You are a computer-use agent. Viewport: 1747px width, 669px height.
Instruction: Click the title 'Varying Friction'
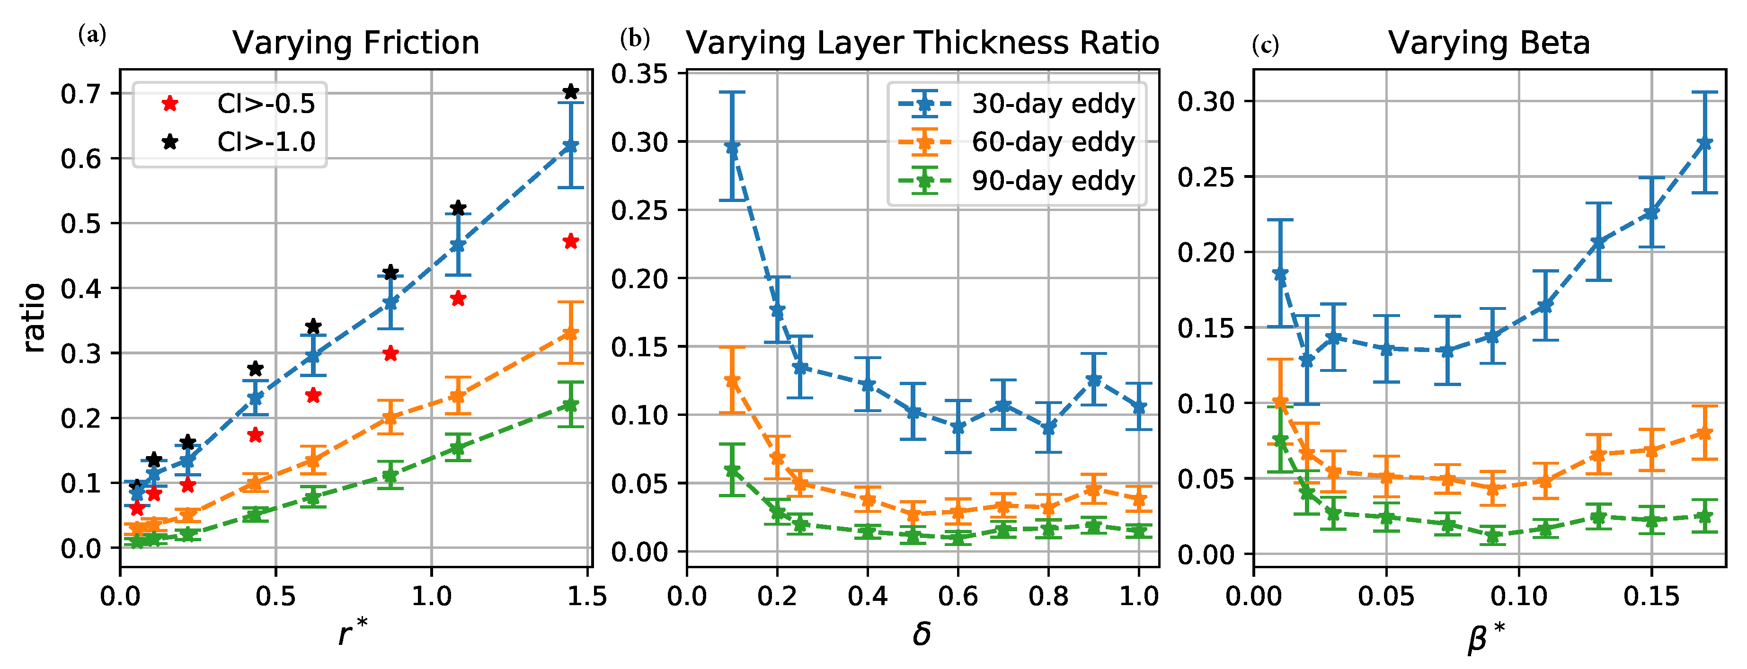tap(355, 43)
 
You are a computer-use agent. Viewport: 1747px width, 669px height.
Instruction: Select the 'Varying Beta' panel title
tap(1489, 43)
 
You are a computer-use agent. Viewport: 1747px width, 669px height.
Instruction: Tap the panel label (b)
tap(635, 39)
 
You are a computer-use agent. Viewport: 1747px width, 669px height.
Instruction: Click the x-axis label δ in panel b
tap(921, 634)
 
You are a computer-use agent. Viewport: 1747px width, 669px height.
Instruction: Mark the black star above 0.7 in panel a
tap(570, 91)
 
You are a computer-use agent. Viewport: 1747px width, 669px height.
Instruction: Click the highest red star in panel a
tap(570, 241)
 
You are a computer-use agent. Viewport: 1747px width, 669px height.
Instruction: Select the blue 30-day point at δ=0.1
tap(732, 147)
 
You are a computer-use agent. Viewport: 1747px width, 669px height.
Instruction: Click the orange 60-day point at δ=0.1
tap(732, 381)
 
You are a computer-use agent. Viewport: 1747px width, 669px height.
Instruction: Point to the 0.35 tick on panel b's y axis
tap(639, 73)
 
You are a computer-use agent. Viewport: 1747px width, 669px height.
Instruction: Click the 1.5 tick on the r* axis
tap(586, 597)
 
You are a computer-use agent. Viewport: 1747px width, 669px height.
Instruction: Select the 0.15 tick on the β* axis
tap(1651, 597)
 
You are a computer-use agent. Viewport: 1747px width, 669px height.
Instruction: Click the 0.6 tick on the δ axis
tap(958, 597)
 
